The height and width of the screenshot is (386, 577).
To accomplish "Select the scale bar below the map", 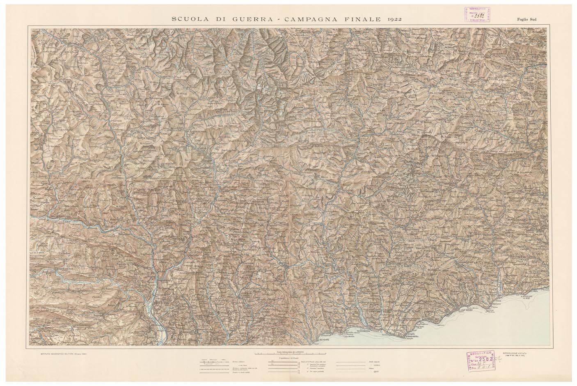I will pos(289,353).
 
